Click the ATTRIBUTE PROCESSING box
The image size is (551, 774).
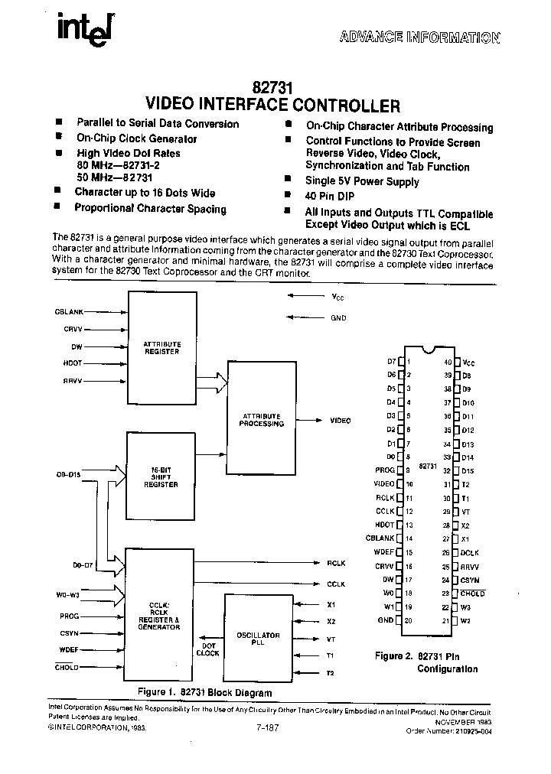261,420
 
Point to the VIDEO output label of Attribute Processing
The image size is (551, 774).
340,421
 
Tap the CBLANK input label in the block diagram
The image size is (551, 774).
70,312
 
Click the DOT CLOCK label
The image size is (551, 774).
207,649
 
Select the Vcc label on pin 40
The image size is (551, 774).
468,362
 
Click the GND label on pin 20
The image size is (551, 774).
386,620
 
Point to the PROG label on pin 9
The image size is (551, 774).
385,470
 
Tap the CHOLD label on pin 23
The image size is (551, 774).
473,593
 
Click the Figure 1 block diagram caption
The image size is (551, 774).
204,692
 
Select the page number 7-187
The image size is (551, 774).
270,728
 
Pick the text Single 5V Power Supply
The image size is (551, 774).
362,182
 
